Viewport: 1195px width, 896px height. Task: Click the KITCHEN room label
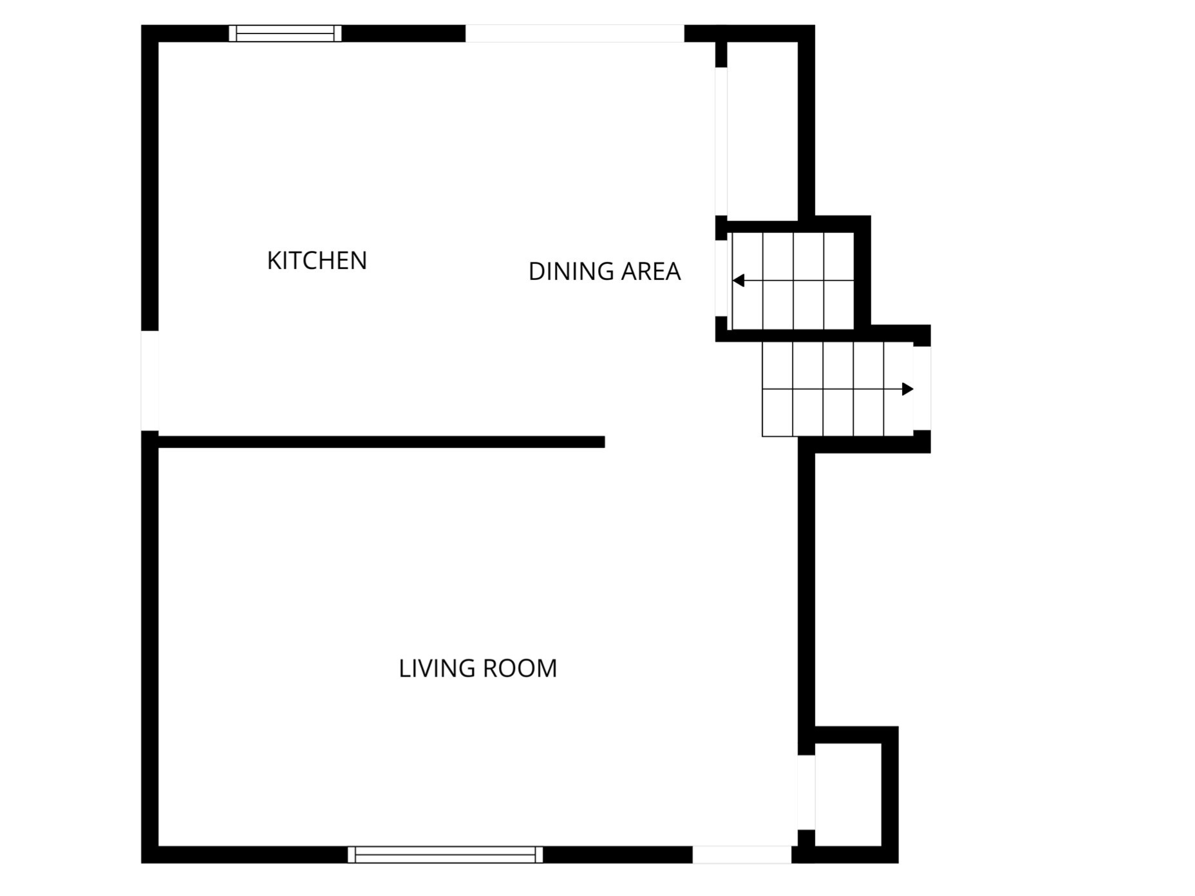pyautogui.click(x=317, y=261)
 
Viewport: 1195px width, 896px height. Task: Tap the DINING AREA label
pyautogui.click(x=604, y=272)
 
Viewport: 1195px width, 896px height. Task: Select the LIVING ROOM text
pyautogui.click(x=477, y=669)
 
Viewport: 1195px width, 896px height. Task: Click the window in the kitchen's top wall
pyautogui.click(x=285, y=33)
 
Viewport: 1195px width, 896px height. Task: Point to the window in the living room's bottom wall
pyautogui.click(x=445, y=854)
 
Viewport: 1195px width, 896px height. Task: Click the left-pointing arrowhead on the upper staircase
pyautogui.click(x=739, y=281)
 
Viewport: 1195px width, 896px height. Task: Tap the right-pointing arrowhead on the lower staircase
pyautogui.click(x=908, y=389)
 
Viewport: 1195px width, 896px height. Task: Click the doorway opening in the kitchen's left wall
pyautogui.click(x=149, y=380)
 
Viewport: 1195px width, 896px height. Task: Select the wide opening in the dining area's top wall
pyautogui.click(x=574, y=33)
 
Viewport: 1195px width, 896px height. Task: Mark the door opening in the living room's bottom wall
pyautogui.click(x=742, y=854)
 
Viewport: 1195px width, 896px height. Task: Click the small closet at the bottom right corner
pyautogui.click(x=847, y=794)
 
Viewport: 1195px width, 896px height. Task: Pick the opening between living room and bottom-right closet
pyautogui.click(x=806, y=792)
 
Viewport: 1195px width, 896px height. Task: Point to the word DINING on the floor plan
pyautogui.click(x=570, y=272)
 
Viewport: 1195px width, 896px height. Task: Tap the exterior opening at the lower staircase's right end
pyautogui.click(x=922, y=388)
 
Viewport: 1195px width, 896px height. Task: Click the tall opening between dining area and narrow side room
pyautogui.click(x=721, y=142)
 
